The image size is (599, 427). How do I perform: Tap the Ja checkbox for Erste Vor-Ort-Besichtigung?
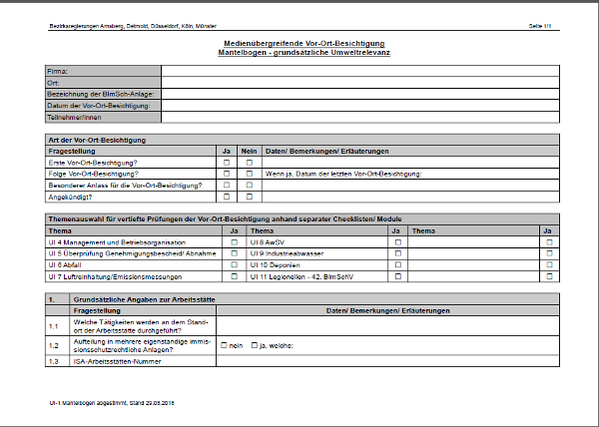[x=227, y=162]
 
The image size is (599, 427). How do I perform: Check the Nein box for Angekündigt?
[x=250, y=197]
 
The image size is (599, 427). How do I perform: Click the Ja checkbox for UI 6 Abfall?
[x=235, y=265]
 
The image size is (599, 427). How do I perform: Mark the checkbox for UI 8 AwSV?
[x=397, y=241]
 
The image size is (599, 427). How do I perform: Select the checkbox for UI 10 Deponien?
[x=397, y=265]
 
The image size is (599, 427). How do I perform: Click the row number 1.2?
[x=55, y=344]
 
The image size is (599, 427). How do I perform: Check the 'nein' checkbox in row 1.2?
[x=225, y=344]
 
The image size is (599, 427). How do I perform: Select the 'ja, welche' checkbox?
[x=255, y=344]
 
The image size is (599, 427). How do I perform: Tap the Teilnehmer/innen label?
[x=75, y=117]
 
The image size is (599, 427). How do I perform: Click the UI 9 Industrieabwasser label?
[x=290, y=253]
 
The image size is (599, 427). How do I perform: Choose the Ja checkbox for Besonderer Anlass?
[x=227, y=185]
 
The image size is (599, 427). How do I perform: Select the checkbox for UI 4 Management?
[x=235, y=241]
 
